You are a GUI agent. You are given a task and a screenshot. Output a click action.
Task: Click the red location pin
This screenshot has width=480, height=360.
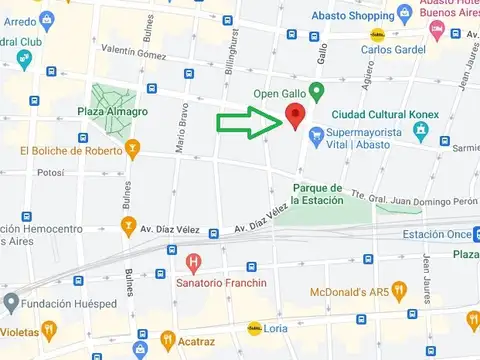pyautogui.click(x=295, y=115)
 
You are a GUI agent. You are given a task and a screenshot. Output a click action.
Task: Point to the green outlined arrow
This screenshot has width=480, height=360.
pyautogui.click(x=249, y=124)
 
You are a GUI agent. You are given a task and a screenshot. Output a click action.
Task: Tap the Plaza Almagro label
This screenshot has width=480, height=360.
pyautogui.click(x=114, y=112)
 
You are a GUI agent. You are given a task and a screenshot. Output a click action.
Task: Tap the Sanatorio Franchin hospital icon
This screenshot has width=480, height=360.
pyautogui.click(x=194, y=264)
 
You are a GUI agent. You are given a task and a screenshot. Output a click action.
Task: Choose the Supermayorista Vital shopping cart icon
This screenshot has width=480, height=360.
pyautogui.click(x=317, y=134)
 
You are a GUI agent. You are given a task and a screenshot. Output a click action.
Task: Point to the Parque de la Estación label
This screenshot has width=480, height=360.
pyautogui.click(x=318, y=193)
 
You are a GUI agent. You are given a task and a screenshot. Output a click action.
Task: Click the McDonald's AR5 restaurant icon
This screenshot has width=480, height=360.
pyautogui.click(x=399, y=290)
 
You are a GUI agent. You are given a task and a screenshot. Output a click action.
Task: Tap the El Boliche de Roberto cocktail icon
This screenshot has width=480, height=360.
pyautogui.click(x=131, y=150)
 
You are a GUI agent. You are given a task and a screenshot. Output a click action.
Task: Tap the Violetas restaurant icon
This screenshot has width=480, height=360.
pyautogui.click(x=48, y=328)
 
